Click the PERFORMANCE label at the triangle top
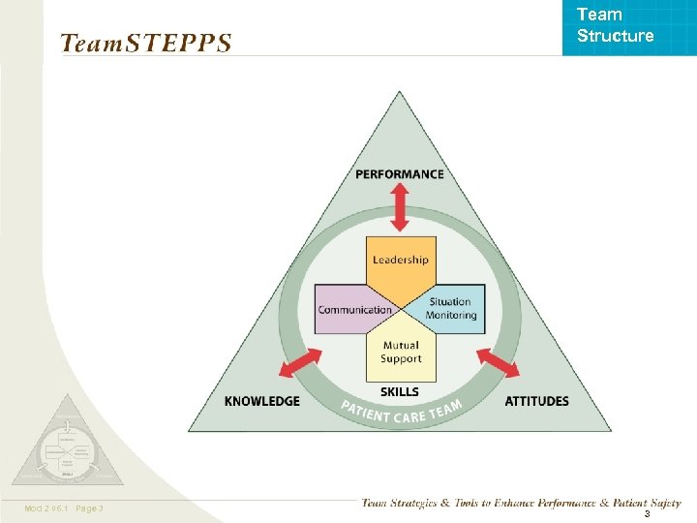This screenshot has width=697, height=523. [400, 174]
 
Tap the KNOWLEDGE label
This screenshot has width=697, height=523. [261, 401]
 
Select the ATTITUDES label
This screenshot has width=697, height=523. [536, 401]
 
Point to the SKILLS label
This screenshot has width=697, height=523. [400, 391]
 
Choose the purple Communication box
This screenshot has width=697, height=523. [352, 310]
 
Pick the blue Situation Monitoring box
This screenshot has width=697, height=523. [451, 308]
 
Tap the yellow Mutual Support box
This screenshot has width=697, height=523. [401, 352]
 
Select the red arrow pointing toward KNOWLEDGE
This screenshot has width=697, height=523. [299, 367]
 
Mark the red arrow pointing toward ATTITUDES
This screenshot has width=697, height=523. [498, 364]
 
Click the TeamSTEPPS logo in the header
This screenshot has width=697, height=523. [145, 44]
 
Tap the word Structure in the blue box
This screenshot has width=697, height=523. [615, 36]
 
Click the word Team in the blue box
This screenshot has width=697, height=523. [599, 15]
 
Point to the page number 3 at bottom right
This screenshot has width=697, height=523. [647, 514]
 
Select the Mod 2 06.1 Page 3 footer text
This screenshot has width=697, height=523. [66, 508]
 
